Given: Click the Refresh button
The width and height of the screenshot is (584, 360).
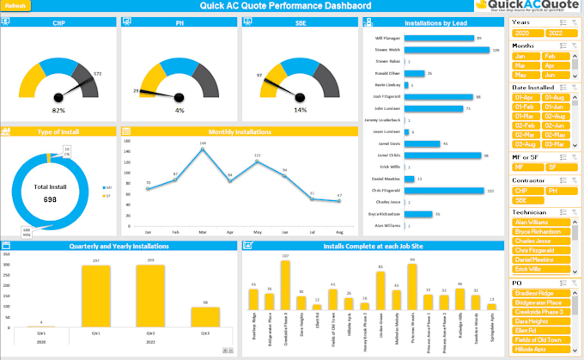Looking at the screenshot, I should click(17, 6).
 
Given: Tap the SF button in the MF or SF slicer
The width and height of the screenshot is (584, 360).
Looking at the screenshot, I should click(554, 168).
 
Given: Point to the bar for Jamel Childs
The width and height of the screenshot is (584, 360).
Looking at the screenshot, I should click(443, 156).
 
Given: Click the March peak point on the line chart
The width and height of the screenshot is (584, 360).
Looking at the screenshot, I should click(202, 149).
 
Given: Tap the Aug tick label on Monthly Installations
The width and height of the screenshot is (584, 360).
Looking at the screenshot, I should click(339, 233).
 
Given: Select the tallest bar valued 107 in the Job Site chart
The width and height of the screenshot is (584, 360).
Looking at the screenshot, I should click(284, 284).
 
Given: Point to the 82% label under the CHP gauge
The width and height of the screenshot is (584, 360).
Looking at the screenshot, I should click(58, 111).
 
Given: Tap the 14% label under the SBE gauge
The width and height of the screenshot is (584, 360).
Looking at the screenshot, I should click(300, 110).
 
